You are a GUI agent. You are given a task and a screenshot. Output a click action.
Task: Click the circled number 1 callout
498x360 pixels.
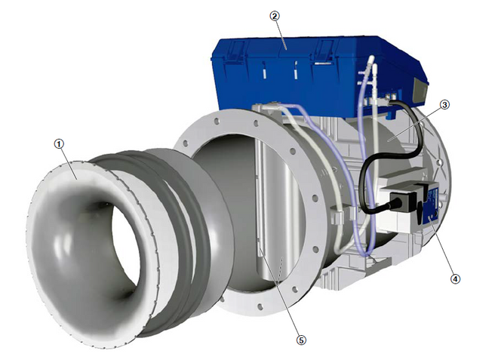[59, 144]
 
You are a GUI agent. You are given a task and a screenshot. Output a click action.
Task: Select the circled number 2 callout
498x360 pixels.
[275, 16]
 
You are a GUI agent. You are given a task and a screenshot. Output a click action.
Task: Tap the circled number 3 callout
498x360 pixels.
[444, 105]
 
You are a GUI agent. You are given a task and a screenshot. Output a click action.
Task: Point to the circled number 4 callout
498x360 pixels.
[455, 279]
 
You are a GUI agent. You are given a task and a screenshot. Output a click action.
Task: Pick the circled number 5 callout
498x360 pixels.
[301, 340]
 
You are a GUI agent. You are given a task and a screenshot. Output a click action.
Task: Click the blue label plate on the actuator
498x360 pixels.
[432, 203]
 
